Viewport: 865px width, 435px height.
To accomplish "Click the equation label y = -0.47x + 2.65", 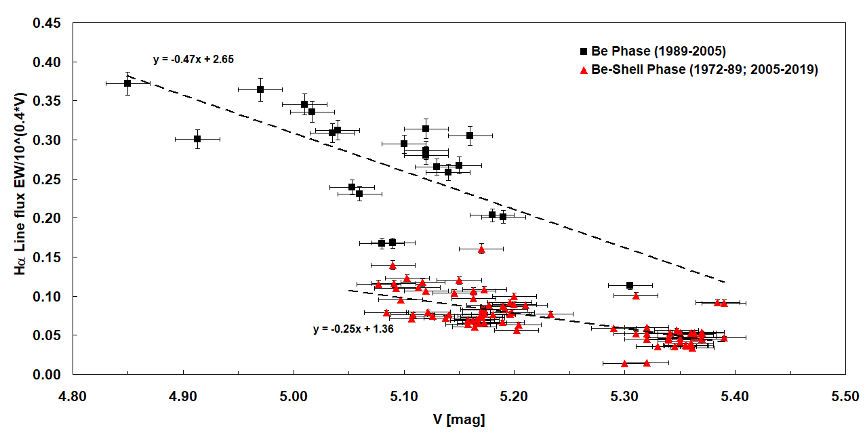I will [x=193, y=60].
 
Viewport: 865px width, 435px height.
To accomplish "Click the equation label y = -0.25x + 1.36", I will [x=353, y=329].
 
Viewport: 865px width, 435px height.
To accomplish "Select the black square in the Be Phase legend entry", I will [x=583, y=51].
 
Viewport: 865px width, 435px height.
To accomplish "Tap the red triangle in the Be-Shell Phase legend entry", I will [x=583, y=70].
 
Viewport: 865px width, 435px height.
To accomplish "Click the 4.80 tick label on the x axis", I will [x=73, y=394].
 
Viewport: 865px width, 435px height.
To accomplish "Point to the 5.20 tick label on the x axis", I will [x=514, y=394].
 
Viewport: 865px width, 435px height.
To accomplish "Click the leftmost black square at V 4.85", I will [x=127, y=83].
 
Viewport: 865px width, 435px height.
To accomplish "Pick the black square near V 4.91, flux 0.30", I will [x=197, y=139].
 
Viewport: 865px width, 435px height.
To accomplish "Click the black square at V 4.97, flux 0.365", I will [x=260, y=89].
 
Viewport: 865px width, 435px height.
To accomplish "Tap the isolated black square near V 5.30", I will [x=630, y=285].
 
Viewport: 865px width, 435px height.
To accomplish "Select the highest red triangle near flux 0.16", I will [x=481, y=249].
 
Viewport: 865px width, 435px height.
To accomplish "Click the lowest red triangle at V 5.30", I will [x=624, y=364].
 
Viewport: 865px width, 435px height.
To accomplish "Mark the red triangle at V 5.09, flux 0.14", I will [x=393, y=266].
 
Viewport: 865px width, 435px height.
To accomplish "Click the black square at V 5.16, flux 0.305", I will [x=470, y=136].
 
